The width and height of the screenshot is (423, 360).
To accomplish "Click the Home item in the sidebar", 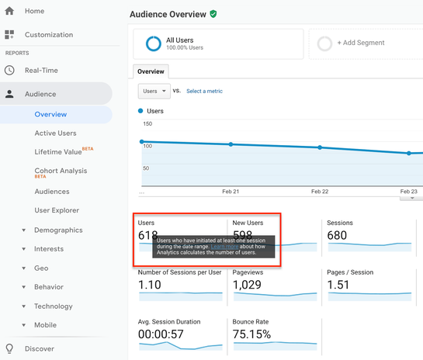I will tap(34, 11).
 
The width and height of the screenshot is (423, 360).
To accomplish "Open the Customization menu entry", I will tap(48, 35).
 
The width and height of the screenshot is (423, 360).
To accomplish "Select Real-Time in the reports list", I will tap(41, 71).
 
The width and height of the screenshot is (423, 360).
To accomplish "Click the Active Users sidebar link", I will tap(55, 133).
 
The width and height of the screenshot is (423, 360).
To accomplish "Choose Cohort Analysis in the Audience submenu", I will tap(61, 171).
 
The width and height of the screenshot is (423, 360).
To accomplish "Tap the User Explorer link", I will tap(57, 210).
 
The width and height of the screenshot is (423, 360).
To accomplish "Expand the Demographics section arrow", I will tap(24, 230).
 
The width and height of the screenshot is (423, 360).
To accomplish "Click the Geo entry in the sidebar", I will tap(41, 268).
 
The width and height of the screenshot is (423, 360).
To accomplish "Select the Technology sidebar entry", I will tap(54, 306).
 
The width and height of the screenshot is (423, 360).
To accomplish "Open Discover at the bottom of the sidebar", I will tap(40, 349).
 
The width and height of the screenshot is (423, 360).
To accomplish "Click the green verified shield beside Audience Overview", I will tap(213, 14).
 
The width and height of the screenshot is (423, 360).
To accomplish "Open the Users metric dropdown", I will tap(154, 91).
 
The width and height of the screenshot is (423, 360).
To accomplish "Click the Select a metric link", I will tap(204, 92).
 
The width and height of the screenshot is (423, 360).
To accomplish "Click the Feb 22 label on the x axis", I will tap(320, 191).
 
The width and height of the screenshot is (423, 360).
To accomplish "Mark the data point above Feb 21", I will tap(231, 144).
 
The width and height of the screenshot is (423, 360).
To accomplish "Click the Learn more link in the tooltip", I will tap(224, 247).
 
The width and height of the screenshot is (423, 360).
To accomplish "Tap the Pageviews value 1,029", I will tap(248, 285).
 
